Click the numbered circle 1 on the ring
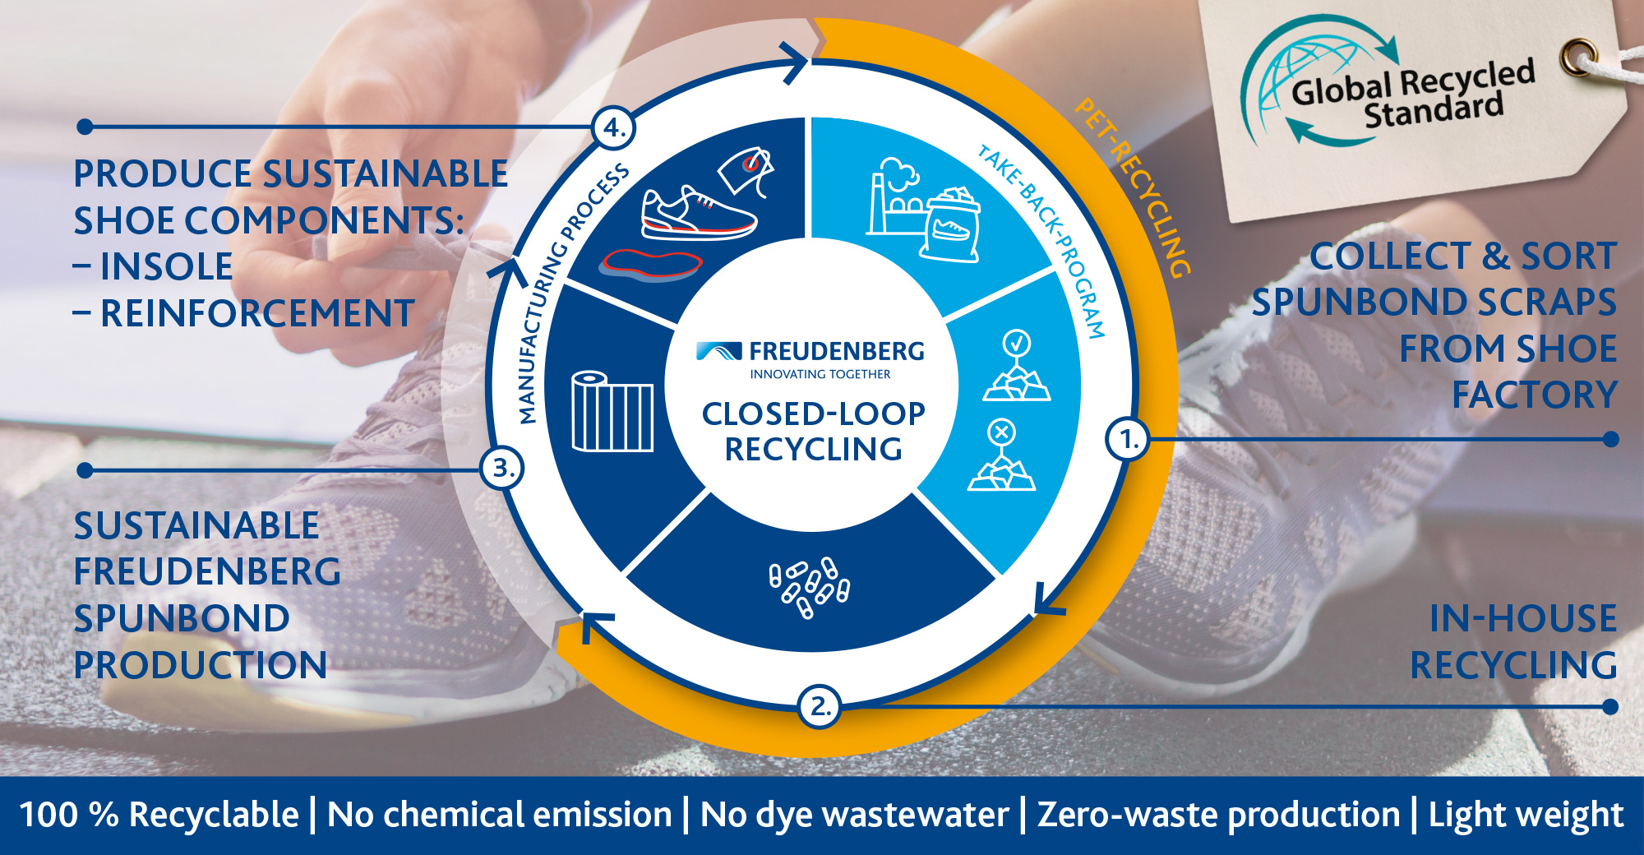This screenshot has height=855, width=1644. click(x=1128, y=439)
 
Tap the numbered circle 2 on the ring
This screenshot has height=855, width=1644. click(x=819, y=706)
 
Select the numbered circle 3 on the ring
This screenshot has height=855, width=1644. click(x=501, y=469)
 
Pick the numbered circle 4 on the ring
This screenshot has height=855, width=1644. click(x=613, y=127)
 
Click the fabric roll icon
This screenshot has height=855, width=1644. click(x=612, y=411)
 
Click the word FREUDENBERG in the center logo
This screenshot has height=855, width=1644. click(x=836, y=352)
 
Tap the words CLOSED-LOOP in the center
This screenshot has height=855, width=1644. click(x=813, y=414)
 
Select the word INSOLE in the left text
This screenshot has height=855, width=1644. click(x=166, y=266)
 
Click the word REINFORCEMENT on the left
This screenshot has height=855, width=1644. click(x=256, y=313)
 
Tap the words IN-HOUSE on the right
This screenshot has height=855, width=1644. click(x=1522, y=619)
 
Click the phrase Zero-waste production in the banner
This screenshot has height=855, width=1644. click(x=1218, y=815)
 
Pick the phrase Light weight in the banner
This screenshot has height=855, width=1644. click(x=1526, y=815)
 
